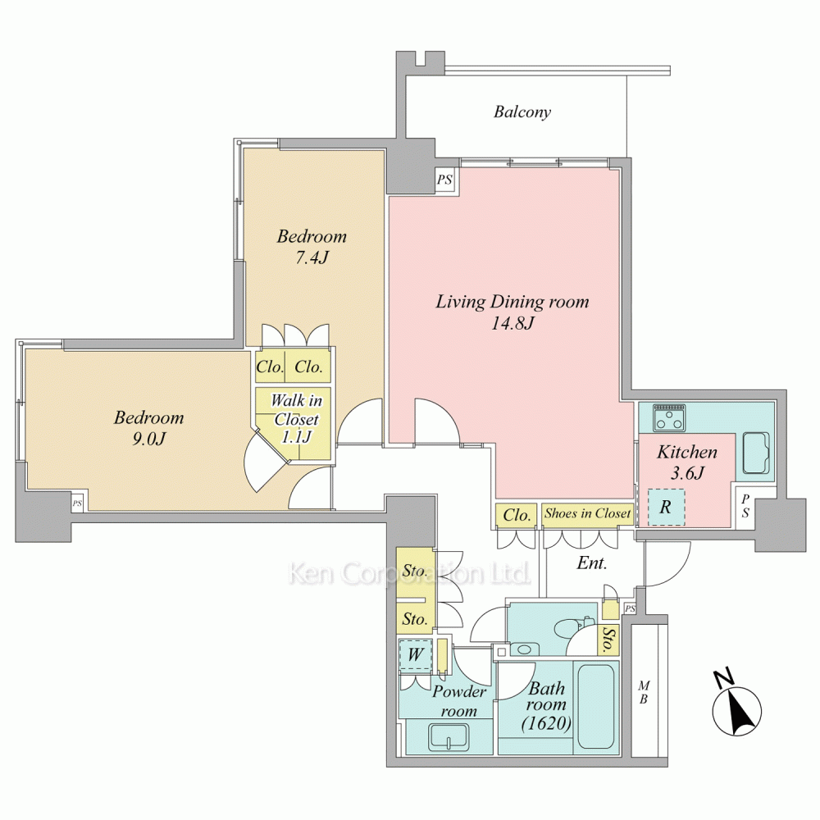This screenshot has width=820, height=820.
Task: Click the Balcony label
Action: point(522,112)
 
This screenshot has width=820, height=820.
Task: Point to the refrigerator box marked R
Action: point(666,507)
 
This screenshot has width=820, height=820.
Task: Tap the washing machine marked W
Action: point(415,654)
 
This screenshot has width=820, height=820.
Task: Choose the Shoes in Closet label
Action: point(587,513)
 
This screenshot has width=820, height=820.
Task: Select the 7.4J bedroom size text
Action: point(312,257)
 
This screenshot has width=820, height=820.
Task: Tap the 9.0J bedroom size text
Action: point(148,439)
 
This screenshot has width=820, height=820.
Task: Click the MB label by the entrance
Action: point(645,692)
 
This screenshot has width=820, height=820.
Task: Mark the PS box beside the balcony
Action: point(444,180)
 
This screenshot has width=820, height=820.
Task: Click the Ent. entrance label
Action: point(591,563)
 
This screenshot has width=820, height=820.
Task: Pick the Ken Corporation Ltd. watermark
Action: point(409,573)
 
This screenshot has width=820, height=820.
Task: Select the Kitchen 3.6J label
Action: point(687,462)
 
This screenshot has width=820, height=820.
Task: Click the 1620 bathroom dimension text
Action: point(546,723)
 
